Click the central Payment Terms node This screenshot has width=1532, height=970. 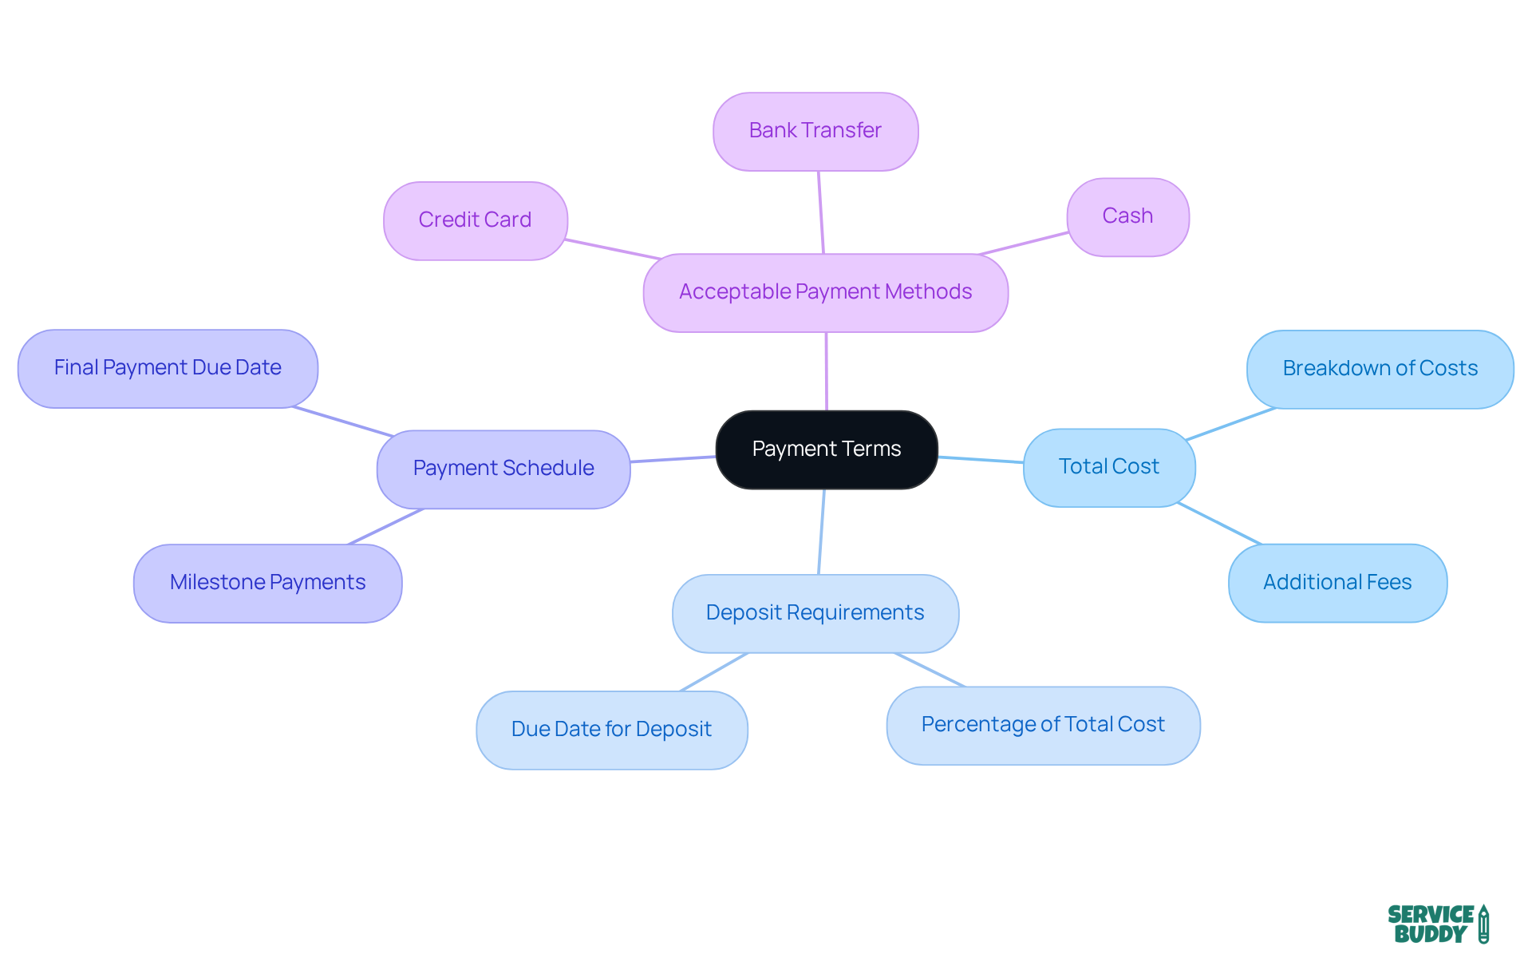[827, 449]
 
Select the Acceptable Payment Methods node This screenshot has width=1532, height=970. [825, 292]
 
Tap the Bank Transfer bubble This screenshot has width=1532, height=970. [815, 131]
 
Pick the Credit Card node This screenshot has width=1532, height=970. [475, 220]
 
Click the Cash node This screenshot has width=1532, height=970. [1127, 216]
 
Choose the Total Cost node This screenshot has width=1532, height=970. [1108, 467]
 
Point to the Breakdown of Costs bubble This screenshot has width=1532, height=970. [1380, 369]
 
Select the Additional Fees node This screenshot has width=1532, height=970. [1337, 583]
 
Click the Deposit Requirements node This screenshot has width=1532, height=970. [815, 613]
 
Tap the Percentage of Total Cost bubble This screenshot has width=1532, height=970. [1043, 725]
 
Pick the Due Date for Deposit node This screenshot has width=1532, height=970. [611, 730]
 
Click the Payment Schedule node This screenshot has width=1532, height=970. [503, 469]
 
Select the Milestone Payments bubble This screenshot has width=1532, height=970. [267, 583]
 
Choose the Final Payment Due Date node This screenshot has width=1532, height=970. [168, 368]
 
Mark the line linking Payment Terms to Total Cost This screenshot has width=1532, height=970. [981, 460]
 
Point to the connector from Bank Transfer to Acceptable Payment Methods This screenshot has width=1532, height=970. [820, 212]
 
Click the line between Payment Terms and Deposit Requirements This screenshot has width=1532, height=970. [821, 532]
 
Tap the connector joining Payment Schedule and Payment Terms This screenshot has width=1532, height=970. [673, 459]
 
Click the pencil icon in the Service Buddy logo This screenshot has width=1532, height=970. [1483, 924]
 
